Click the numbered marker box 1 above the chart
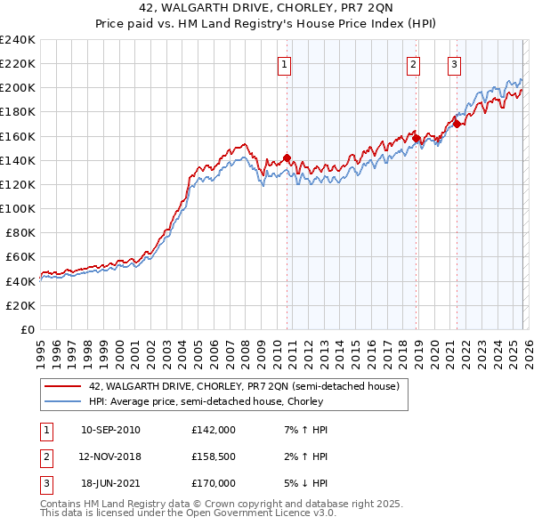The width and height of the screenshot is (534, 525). [x=284, y=63]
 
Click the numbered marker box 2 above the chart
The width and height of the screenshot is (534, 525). [x=414, y=63]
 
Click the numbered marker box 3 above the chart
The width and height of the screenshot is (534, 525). [x=454, y=63]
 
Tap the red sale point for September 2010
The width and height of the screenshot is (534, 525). [x=287, y=157]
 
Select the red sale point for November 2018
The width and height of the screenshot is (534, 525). [x=416, y=138]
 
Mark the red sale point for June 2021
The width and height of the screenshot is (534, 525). [x=457, y=124]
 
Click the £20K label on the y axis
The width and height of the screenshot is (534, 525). [x=21, y=305]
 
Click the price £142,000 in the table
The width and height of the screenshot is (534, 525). [x=213, y=430]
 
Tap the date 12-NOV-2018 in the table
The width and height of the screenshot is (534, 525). [x=110, y=456]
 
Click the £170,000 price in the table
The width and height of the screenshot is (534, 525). [x=213, y=483]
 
